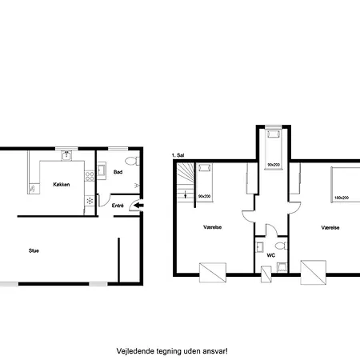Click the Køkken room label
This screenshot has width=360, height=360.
tap(62, 185)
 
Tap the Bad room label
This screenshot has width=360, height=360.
tap(118, 172)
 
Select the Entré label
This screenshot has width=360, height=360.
tap(118, 206)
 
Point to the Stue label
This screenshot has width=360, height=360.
tap(34, 250)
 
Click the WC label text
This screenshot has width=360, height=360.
tap(271, 255)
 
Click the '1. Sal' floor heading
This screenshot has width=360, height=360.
tap(178, 155)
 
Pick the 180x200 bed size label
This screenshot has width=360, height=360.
tap(342, 198)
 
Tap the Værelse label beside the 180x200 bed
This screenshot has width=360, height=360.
tap(330, 228)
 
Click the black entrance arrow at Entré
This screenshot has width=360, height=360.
tap(138, 206)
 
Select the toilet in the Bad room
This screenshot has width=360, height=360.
tap(132, 161)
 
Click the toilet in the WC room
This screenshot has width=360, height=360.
tap(282, 246)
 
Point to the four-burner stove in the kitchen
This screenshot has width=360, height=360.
tap(90, 176)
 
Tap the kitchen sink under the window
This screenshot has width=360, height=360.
tap(66, 155)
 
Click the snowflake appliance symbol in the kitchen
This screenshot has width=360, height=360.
tap(90, 201)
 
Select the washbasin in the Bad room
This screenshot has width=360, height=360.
tap(102, 170)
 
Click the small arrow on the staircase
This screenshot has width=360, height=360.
tap(186, 194)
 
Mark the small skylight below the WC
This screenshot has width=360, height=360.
tap(266, 274)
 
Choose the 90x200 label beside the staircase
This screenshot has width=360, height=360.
tap(205, 196)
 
